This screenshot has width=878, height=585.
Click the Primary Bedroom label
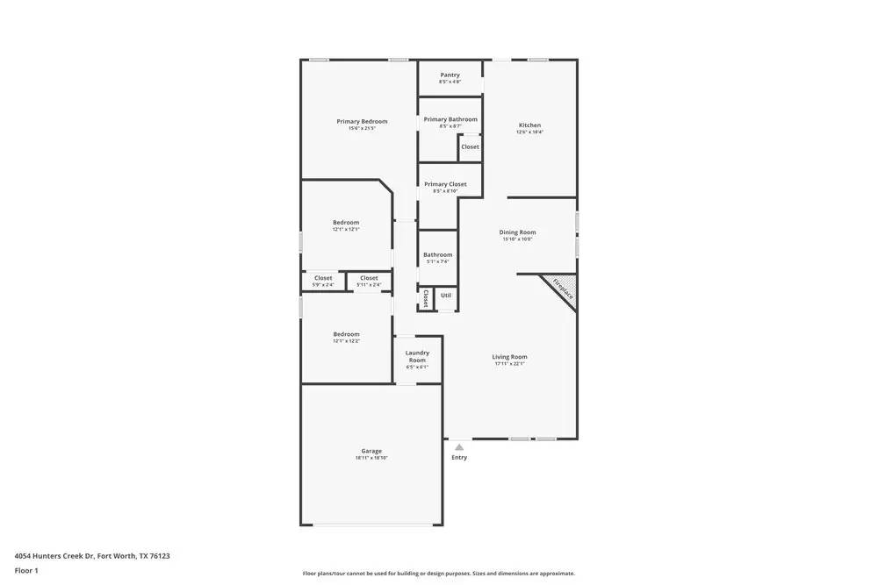362,122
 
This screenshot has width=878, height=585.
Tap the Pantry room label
450,75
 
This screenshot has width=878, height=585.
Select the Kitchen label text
529,125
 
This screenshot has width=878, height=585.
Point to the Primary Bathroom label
450,119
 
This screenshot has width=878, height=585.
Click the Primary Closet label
445,184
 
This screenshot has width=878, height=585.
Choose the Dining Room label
518,232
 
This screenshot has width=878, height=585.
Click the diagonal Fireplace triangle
560,290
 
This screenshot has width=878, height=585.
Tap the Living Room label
509,357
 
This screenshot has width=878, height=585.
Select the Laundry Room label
417,356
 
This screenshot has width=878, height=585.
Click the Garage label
371,451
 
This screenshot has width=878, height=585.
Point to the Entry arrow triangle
459,446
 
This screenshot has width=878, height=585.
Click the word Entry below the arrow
459,457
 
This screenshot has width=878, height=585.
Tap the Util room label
446,296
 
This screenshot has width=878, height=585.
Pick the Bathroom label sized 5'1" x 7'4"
437,255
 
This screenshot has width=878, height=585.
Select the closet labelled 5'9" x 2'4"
323,278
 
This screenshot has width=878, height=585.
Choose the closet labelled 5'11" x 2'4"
369,278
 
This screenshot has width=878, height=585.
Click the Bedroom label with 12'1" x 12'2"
346,334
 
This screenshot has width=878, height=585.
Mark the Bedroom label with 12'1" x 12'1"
346,223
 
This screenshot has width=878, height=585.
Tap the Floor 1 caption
26,571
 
